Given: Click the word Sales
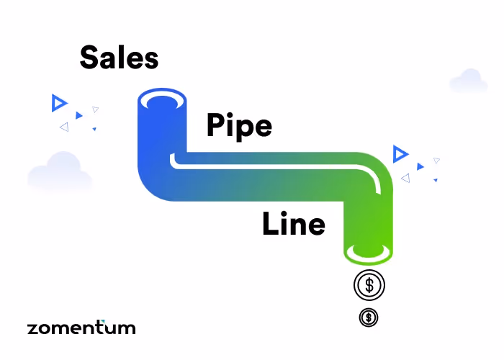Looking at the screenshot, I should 119,57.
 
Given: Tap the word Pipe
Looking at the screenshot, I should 239,125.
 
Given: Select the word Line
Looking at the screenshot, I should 293,225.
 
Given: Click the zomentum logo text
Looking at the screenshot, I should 81,328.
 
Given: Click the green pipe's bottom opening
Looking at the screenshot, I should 368,253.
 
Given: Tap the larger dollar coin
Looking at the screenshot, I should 369,285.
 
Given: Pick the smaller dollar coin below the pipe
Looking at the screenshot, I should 368,316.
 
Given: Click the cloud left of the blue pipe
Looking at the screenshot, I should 60,172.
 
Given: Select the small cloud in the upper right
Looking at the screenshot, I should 468,81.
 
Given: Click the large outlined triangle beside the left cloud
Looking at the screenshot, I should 58,103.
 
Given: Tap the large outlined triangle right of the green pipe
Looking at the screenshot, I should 400,153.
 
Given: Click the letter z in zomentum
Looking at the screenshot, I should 33,328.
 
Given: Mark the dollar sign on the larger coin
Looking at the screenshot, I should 369,285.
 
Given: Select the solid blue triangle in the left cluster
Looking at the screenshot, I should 79,115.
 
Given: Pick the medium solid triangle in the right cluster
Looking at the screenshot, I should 420,166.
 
